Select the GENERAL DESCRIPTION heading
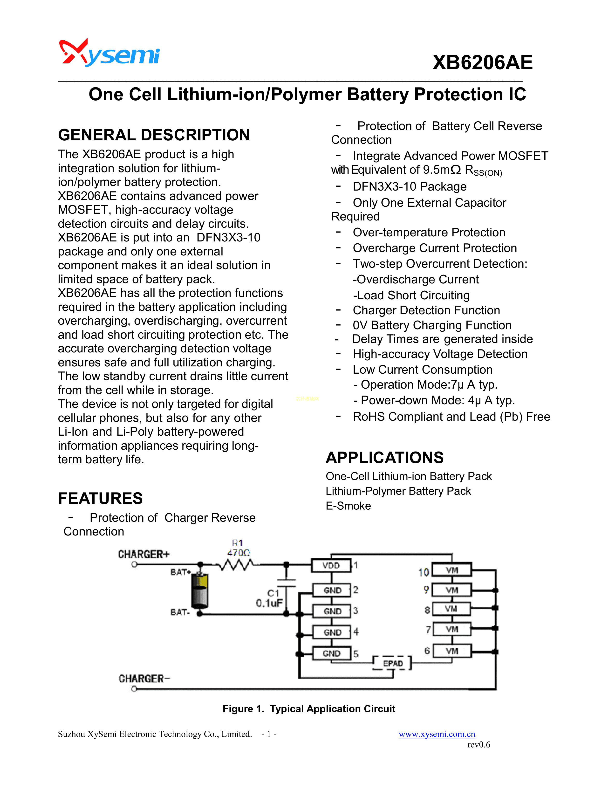coord(154,135)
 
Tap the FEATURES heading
coord(100,498)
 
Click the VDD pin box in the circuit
coord(331,565)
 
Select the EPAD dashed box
coord(392,663)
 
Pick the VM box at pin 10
coord(452,570)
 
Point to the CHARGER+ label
coord(143,554)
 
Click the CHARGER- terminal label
coord(144,679)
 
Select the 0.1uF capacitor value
coord(269,603)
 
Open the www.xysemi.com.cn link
coord(437,734)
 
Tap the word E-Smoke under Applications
coord(348,506)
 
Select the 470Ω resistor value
coord(239,553)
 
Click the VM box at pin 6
coord(452,651)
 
